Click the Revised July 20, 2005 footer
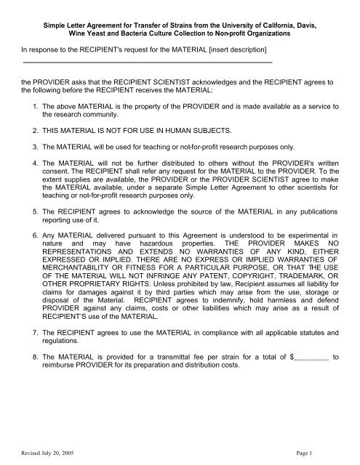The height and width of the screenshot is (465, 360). click(49, 452)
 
